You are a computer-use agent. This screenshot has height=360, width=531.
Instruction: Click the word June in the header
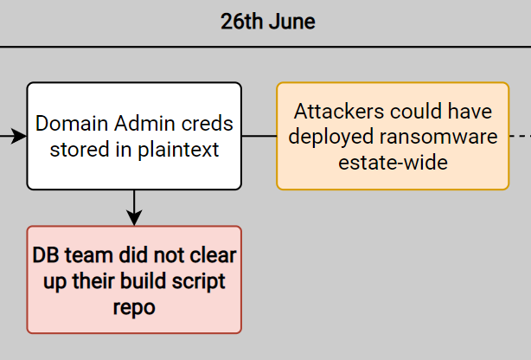click(x=292, y=22)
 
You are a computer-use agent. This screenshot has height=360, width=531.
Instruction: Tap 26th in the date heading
click(x=242, y=22)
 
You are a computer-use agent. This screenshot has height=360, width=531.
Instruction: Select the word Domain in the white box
click(x=72, y=123)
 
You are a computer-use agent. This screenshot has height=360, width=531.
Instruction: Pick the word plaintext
click(x=178, y=150)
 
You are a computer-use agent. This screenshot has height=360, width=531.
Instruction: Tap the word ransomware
click(x=438, y=137)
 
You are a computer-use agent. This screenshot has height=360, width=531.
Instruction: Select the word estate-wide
click(x=393, y=163)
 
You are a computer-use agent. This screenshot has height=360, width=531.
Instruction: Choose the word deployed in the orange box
click(x=331, y=138)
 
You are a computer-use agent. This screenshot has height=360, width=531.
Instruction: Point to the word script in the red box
click(x=198, y=282)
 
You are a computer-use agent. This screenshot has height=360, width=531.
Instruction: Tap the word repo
click(x=134, y=308)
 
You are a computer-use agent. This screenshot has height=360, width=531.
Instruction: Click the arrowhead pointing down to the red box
click(x=134, y=217)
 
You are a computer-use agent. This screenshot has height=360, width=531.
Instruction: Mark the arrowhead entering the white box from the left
click(x=19, y=136)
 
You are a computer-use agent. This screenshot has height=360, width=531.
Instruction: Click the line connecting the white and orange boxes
click(x=259, y=136)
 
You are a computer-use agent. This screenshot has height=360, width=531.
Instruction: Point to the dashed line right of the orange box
click(x=520, y=136)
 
